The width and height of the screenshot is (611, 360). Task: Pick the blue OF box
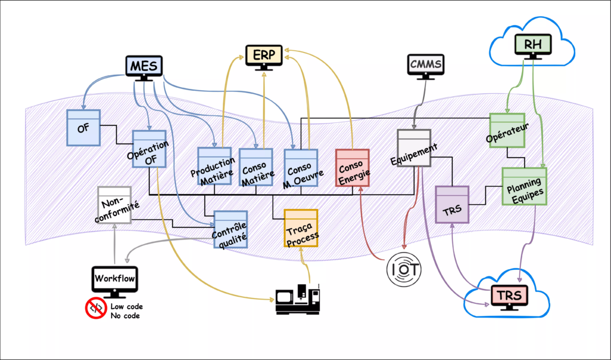tap(83, 127)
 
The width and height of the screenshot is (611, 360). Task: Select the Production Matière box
tap(214, 165)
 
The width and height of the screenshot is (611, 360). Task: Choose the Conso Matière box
tap(256, 167)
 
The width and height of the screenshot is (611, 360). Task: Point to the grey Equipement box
tap(413, 148)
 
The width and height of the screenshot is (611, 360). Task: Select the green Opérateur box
tap(507, 130)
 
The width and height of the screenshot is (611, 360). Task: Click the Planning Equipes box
tap(524, 186)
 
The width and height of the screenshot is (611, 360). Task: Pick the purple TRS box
tap(452, 204)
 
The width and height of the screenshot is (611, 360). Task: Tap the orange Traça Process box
tap(300, 227)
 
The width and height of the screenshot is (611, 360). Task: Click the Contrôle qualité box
tap(230, 229)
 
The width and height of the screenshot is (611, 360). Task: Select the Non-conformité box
tap(114, 205)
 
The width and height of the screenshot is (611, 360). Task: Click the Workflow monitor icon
tap(115, 280)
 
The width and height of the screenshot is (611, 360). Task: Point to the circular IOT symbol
tap(404, 268)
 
